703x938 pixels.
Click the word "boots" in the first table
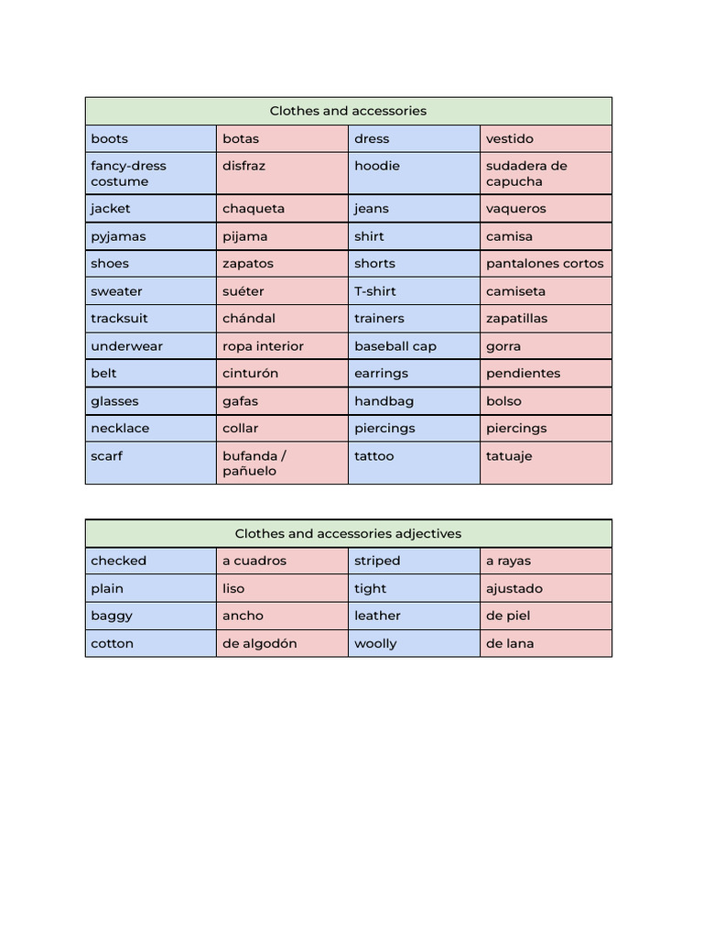click(110, 139)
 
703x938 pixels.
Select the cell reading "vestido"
click(510, 139)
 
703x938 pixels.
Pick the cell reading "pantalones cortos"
click(545, 264)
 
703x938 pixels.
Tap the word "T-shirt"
click(375, 291)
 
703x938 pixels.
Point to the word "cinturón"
click(250, 374)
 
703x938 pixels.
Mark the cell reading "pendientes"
click(524, 374)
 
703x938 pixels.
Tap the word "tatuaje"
click(509, 456)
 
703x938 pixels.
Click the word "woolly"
click(375, 643)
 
